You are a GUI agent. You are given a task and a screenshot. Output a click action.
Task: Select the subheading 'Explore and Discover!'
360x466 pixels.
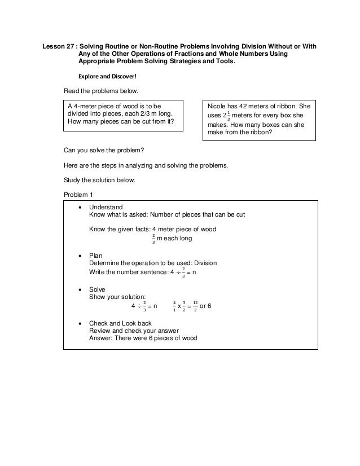point(109,76)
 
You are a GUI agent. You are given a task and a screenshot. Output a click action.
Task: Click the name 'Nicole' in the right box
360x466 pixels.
point(218,105)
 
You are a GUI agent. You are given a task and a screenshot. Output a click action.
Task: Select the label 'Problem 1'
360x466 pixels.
point(79,195)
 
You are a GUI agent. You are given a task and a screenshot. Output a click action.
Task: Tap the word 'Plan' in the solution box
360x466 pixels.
point(96,256)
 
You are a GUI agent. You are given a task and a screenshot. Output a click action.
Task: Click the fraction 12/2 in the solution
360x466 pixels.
point(195,306)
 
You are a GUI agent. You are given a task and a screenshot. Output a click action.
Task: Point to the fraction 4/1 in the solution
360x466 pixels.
point(174,306)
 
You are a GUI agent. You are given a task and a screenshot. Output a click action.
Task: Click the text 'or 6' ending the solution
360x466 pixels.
point(206,306)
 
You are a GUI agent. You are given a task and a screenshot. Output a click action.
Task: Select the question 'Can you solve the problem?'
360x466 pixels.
point(104,151)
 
